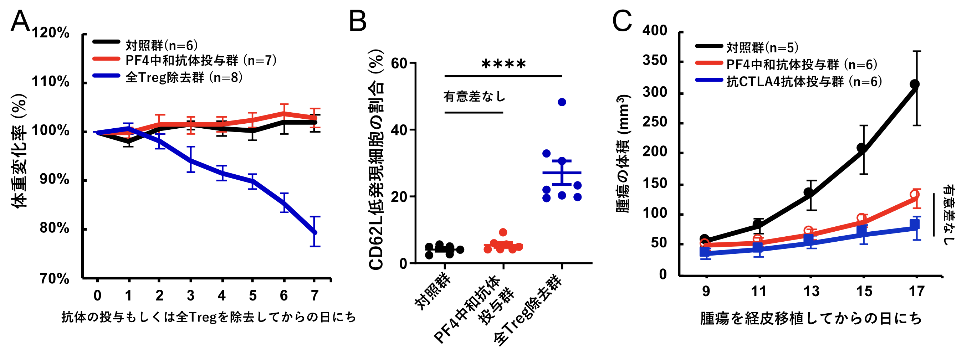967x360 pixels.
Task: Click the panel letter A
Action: point(20,21)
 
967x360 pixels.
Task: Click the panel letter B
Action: point(357,21)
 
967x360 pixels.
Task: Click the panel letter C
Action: point(622,21)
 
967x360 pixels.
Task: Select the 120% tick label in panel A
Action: point(51,33)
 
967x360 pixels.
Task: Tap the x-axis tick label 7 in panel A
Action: point(314,296)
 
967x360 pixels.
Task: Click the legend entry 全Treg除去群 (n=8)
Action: point(184,77)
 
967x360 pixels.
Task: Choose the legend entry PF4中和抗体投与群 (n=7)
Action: point(201,61)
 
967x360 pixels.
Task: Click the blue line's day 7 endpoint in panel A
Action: point(314,232)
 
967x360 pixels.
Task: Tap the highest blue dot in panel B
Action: point(562,102)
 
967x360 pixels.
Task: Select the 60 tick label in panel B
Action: point(399,64)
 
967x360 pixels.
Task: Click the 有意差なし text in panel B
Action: point(475,97)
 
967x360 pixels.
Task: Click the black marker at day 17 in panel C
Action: point(915,84)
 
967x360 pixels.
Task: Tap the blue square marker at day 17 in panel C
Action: point(915,225)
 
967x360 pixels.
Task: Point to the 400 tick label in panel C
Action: point(655,31)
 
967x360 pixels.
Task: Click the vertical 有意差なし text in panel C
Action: point(948,215)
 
